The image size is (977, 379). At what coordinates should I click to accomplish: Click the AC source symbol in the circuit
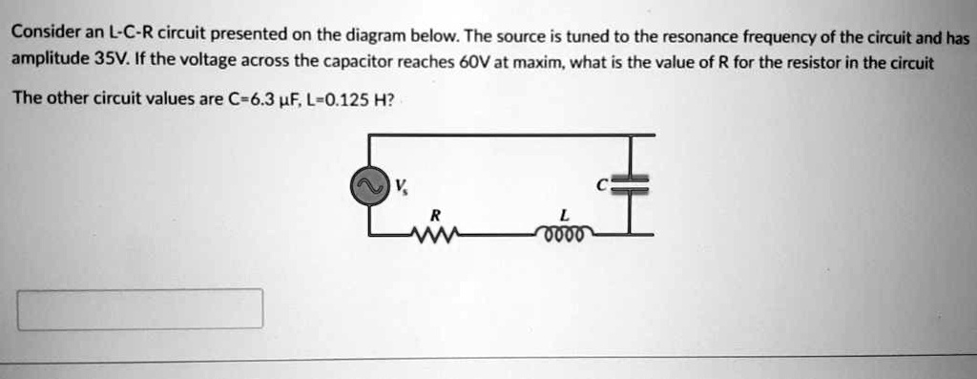coord(368,188)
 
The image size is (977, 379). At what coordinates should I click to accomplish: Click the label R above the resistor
coord(435,214)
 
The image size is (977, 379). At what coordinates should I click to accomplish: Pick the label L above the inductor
coord(566,214)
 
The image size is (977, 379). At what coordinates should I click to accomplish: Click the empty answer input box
coord(139,309)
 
